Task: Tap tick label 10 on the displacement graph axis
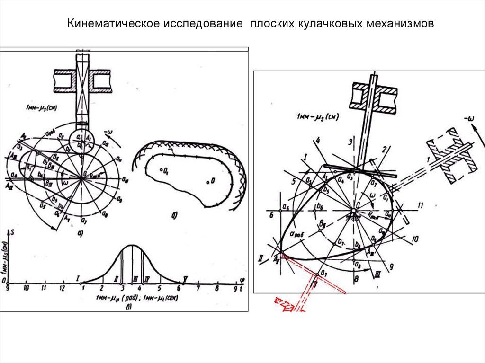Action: [26, 288]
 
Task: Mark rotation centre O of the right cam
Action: [354, 209]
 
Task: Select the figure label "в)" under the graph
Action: [129, 307]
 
